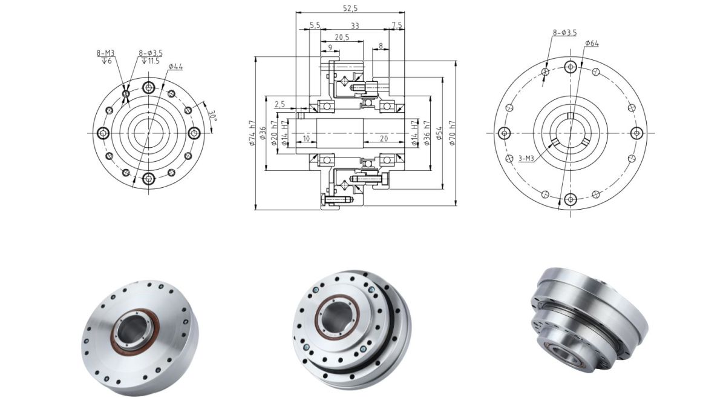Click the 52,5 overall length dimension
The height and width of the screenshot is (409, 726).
click(350, 8)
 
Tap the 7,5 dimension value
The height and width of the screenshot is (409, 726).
click(397, 25)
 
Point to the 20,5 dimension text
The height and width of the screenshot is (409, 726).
click(342, 37)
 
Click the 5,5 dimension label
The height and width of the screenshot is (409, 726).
click(315, 25)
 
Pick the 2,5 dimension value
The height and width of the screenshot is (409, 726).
click(280, 104)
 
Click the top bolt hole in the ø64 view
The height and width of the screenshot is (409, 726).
click(570, 67)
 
